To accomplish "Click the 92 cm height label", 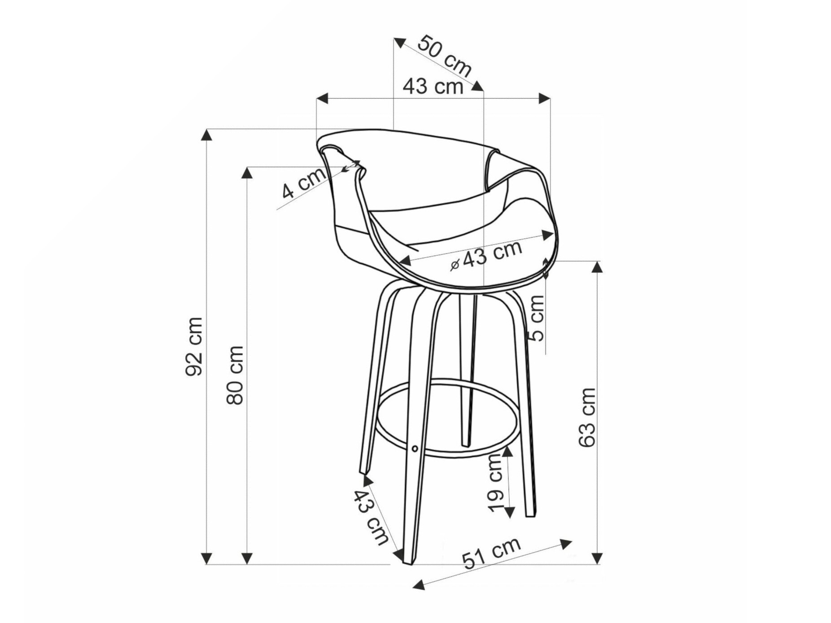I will click(x=194, y=346).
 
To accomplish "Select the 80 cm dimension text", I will click(x=235, y=375).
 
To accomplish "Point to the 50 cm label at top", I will click(x=444, y=56).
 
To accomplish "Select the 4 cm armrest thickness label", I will click(x=303, y=183).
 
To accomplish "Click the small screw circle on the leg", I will click(x=415, y=448).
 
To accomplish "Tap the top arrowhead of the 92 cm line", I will click(x=206, y=135).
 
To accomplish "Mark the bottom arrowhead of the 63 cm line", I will click(x=597, y=558).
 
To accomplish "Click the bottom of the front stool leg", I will click(x=409, y=560).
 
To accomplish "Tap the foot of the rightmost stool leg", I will click(x=529, y=514).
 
